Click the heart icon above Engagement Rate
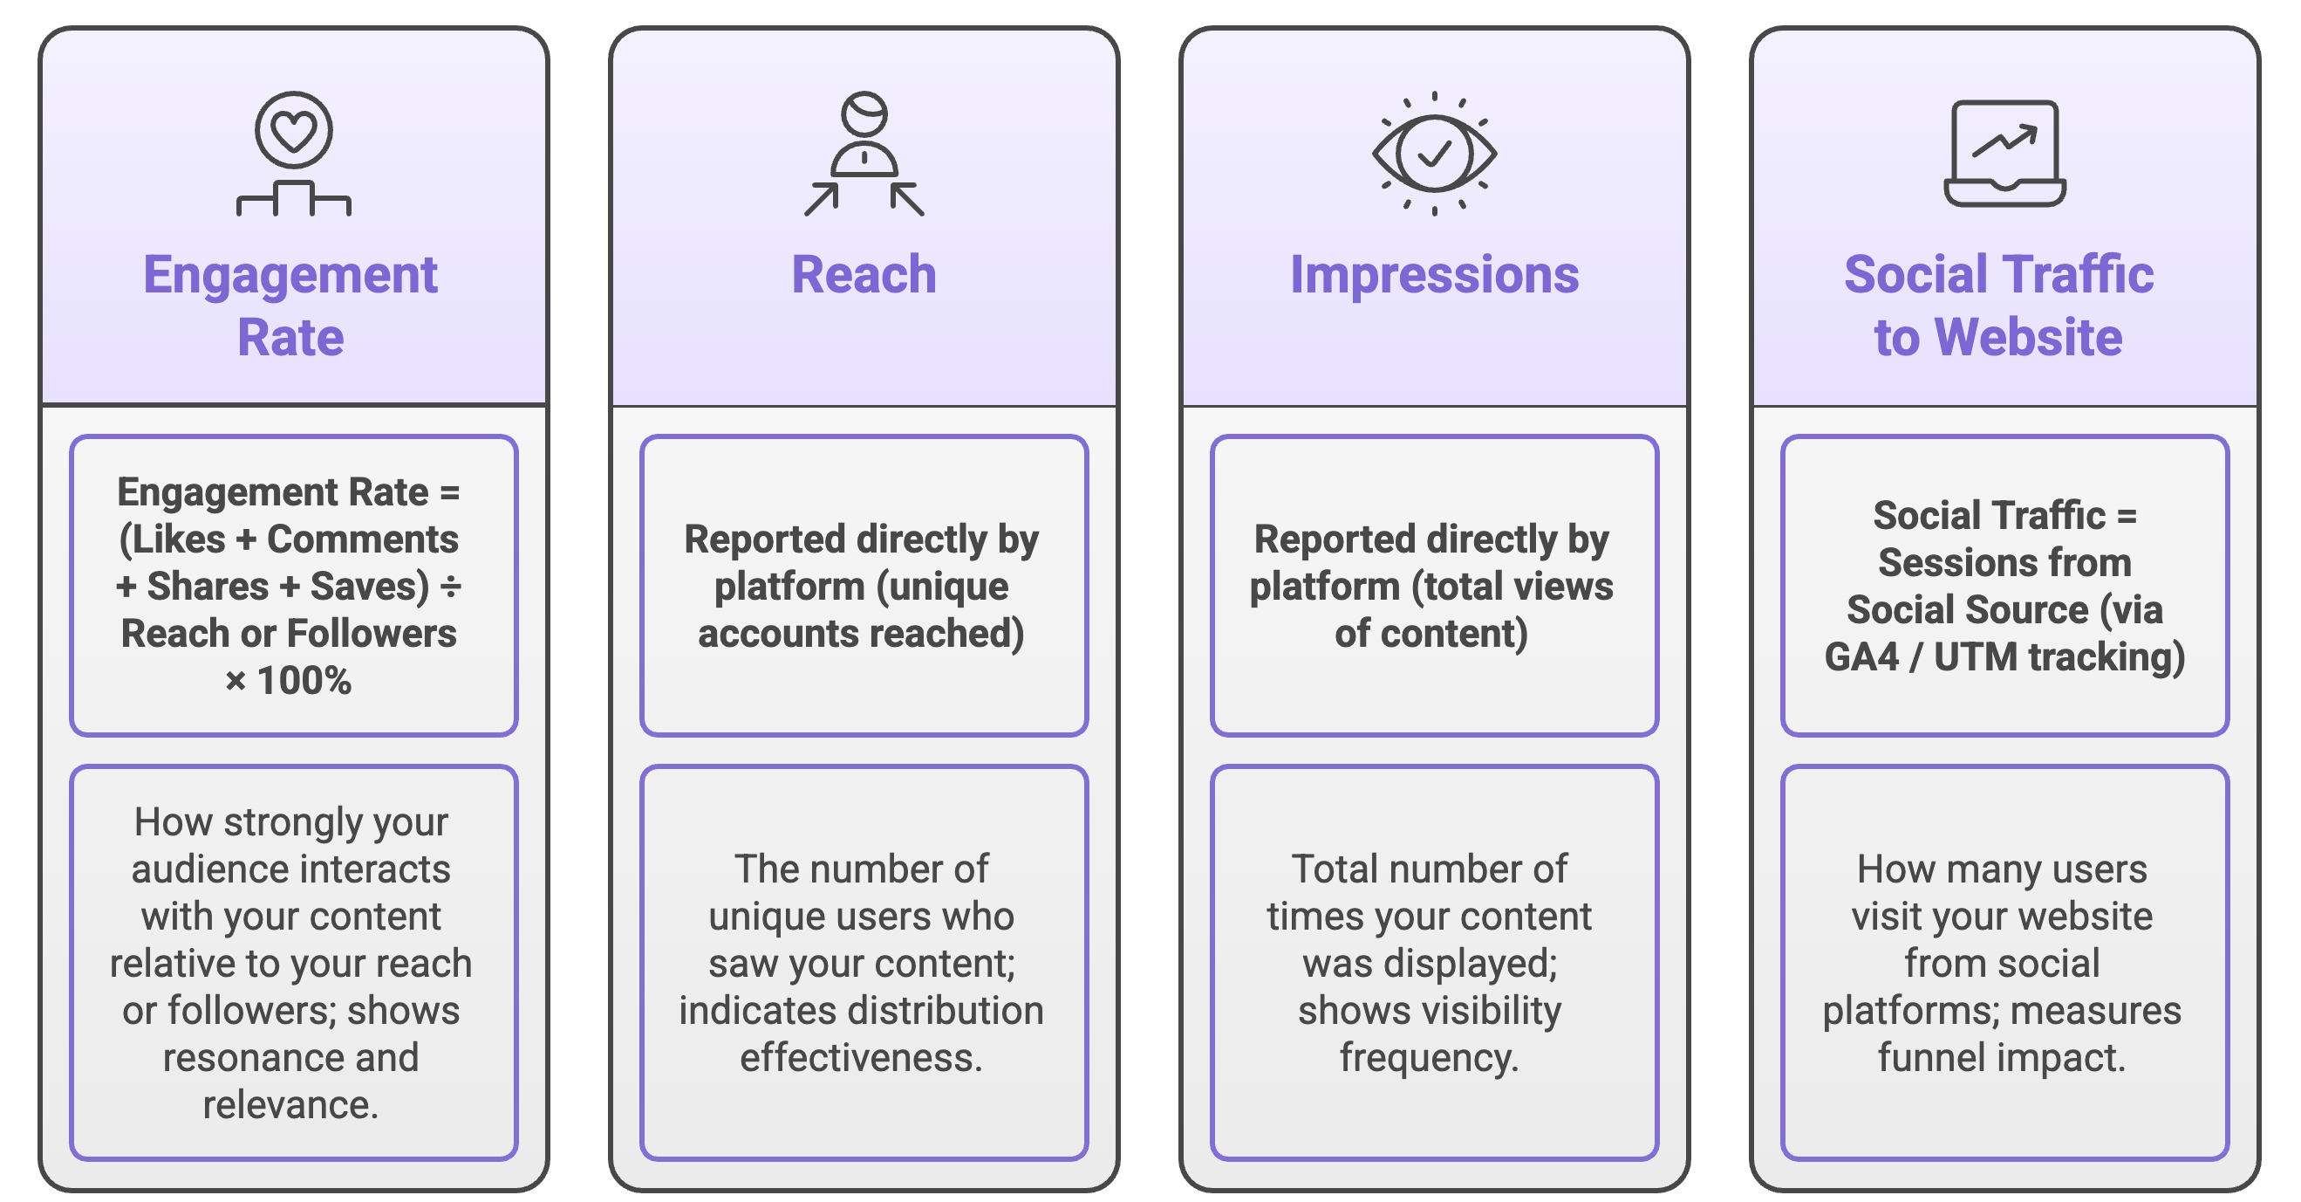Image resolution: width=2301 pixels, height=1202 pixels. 293,130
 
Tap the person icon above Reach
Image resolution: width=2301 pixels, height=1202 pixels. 864,152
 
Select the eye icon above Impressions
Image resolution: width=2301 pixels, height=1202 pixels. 1434,154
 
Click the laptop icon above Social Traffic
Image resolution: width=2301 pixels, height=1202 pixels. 2004,154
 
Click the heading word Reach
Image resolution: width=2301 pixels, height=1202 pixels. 864,274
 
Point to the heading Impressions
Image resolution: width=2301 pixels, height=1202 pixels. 1434,274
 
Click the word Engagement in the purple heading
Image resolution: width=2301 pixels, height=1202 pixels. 290,274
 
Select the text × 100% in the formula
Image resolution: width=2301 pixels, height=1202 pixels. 289,681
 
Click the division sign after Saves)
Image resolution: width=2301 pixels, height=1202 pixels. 451,587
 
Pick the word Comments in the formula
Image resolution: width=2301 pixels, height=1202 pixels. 363,539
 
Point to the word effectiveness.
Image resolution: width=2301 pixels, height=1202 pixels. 860,1058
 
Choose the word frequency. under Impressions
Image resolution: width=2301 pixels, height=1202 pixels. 1430,1058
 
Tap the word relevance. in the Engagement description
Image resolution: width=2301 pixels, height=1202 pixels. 290,1105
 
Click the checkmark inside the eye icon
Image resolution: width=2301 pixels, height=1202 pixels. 1435,154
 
